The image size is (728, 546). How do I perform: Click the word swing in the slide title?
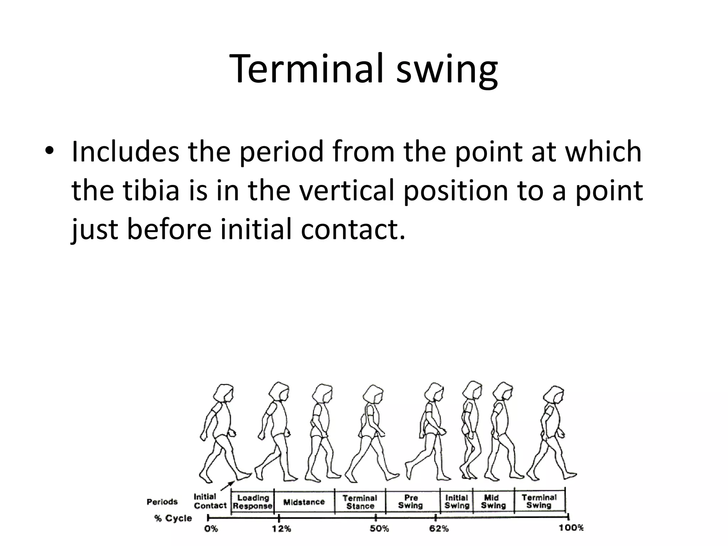pyautogui.click(x=447, y=71)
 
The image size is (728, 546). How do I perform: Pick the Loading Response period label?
pyautogui.click(x=253, y=502)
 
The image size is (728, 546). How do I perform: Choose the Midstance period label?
pyautogui.click(x=304, y=502)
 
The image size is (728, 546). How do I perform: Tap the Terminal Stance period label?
pyautogui.click(x=360, y=502)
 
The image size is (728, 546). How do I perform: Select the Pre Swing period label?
pyautogui.click(x=411, y=501)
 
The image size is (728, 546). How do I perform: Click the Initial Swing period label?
pyautogui.click(x=457, y=501)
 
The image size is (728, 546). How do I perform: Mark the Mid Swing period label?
pyautogui.click(x=493, y=501)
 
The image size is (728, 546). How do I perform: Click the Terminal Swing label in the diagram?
pyautogui.click(x=539, y=501)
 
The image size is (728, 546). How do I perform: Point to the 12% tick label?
pyautogui.click(x=282, y=529)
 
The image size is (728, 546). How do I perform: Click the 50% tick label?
pyautogui.click(x=379, y=529)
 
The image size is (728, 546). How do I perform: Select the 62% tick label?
pyautogui.click(x=439, y=529)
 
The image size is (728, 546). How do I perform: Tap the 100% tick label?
pyautogui.click(x=571, y=528)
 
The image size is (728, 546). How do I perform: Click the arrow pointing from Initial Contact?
pyautogui.click(x=227, y=486)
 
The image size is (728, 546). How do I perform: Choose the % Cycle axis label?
pyautogui.click(x=173, y=518)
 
